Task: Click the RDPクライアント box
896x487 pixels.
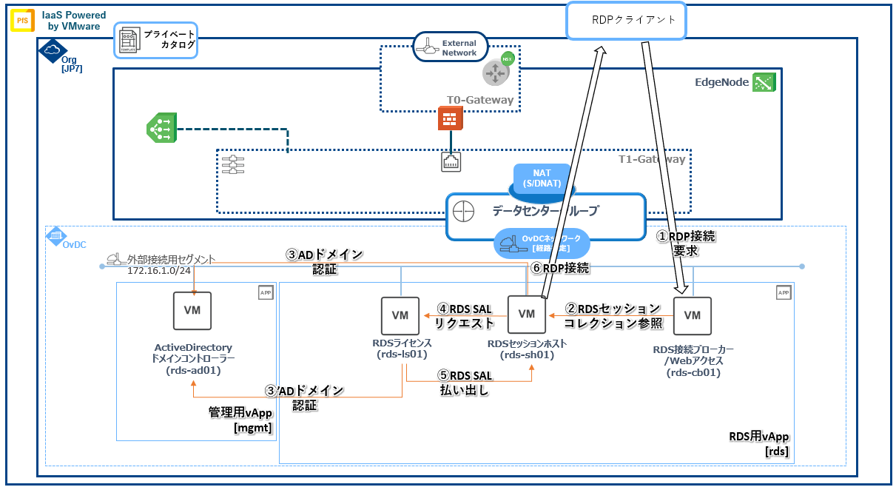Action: [x=626, y=20]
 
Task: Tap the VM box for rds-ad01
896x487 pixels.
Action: [x=192, y=311]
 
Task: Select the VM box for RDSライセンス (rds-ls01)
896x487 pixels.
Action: [x=400, y=315]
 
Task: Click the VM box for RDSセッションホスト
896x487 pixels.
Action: [x=526, y=314]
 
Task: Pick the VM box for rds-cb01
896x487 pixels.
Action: [x=692, y=315]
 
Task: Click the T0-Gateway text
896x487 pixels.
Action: [x=479, y=100]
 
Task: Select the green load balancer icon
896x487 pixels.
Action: [x=161, y=128]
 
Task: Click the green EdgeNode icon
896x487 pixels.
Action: [x=763, y=82]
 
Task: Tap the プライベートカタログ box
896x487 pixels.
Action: [x=157, y=39]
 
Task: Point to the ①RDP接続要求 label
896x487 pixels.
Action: [x=687, y=243]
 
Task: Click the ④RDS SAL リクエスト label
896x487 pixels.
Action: [x=465, y=315]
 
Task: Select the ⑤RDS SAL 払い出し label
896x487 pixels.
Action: [x=464, y=383]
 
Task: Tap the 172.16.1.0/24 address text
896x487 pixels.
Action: [x=155, y=271]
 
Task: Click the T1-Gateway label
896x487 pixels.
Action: [x=651, y=158]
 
